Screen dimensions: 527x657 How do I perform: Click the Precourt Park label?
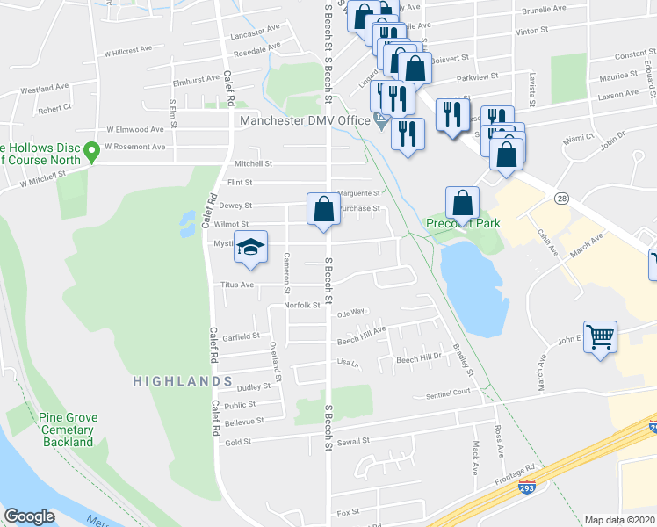pyautogui.click(x=463, y=223)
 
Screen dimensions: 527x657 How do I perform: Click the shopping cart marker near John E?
pyautogui.click(x=601, y=336)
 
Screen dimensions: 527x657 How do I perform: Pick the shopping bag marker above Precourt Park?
pyautogui.click(x=462, y=204)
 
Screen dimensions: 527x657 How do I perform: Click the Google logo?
pyautogui.click(x=29, y=516)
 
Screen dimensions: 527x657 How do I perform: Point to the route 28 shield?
pyautogui.click(x=560, y=199)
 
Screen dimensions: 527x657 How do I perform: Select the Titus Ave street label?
pyautogui.click(x=236, y=285)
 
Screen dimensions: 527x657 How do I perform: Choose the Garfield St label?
pyautogui.click(x=242, y=336)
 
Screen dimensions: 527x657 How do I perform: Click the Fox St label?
pyautogui.click(x=349, y=511)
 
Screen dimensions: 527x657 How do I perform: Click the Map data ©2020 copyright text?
pyautogui.click(x=619, y=520)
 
